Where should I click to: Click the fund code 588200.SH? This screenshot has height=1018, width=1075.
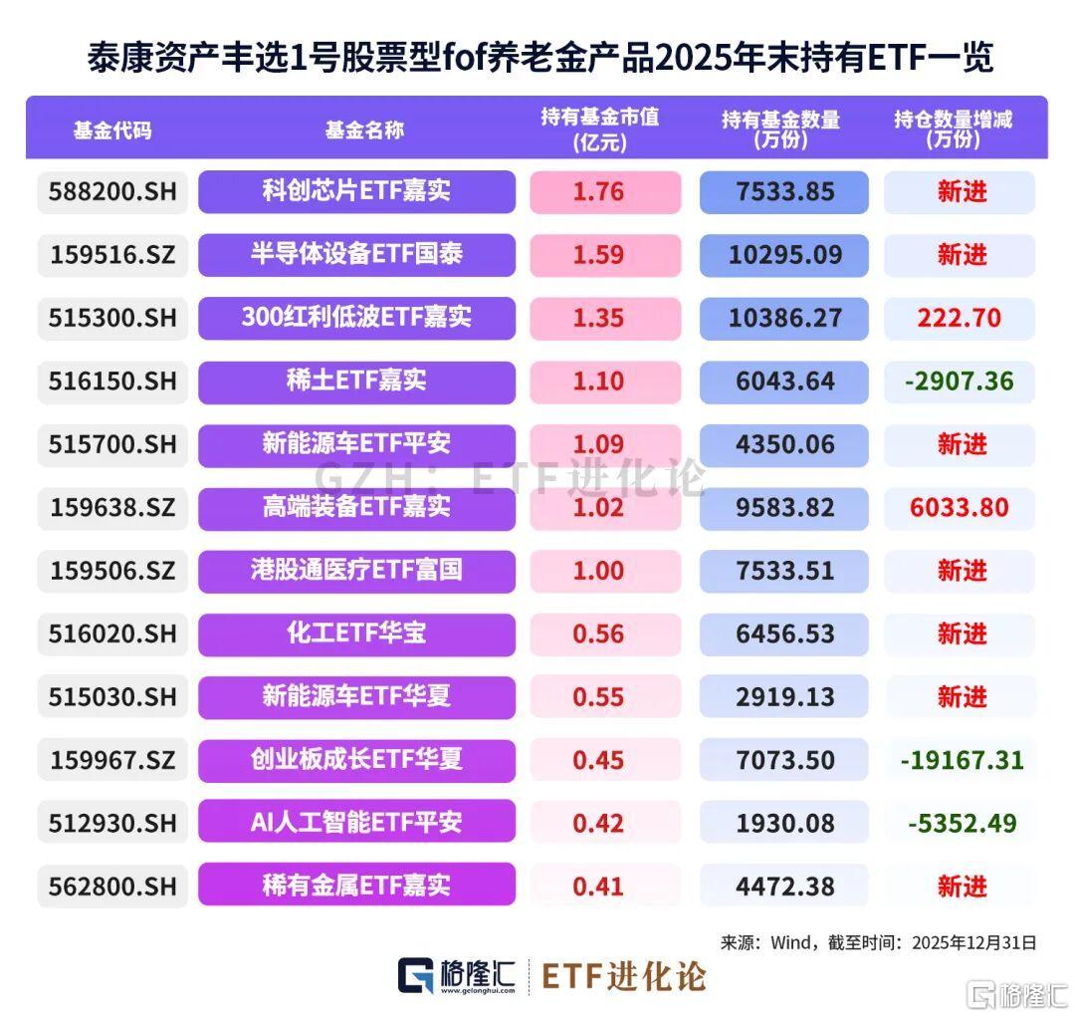(111, 191)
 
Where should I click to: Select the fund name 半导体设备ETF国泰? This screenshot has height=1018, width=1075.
(356, 255)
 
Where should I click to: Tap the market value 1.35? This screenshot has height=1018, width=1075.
(598, 319)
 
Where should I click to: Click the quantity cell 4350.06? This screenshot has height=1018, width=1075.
(786, 444)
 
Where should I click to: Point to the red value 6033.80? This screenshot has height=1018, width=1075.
(959, 508)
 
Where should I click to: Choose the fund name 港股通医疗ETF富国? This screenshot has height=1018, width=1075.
(356, 571)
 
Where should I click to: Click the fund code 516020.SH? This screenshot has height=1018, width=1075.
(111, 634)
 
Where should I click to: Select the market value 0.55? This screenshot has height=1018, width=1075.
(598, 697)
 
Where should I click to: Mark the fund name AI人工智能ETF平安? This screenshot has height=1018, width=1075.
(356, 824)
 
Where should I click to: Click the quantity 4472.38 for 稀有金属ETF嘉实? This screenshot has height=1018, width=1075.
(786, 887)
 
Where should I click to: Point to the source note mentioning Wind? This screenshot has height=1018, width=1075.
(878, 942)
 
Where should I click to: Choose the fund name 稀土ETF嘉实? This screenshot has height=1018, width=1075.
(356, 382)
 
